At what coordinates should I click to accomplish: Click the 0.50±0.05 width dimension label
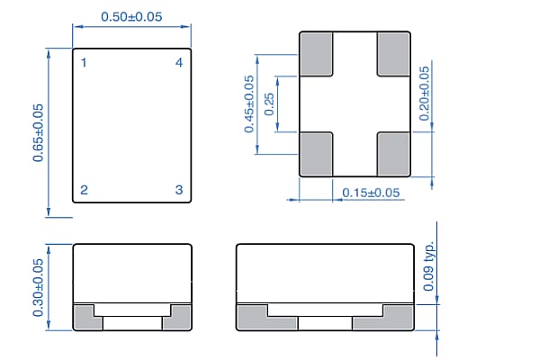tap(130, 18)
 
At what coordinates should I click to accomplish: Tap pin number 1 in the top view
tap(84, 63)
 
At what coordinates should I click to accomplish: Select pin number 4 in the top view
tap(179, 63)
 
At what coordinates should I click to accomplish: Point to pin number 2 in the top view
tap(84, 190)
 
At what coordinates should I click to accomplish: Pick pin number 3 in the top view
tap(179, 190)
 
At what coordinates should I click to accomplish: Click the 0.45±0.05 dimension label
tap(249, 104)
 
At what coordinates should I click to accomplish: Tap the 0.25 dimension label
tap(269, 104)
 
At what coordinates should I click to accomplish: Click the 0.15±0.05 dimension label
tap(370, 193)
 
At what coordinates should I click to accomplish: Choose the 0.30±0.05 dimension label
tap(39, 287)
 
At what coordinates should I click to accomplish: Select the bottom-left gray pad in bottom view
tap(317, 153)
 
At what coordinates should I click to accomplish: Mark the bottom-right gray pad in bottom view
tap(394, 153)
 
